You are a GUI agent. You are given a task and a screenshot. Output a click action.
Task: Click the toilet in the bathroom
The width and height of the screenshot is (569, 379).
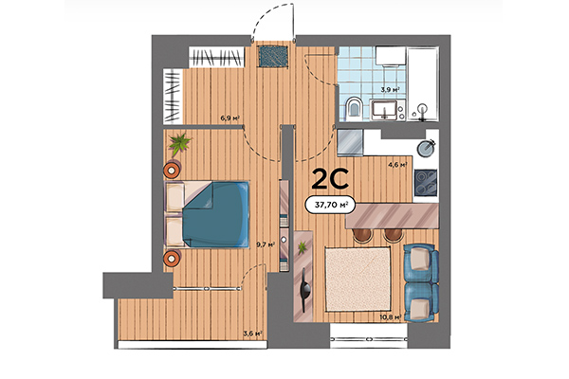coord(353,105)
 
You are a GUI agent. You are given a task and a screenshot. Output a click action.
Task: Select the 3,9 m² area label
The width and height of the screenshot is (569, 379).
coord(388,90)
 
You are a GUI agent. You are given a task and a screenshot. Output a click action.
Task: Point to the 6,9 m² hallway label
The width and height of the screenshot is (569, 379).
coord(229,118)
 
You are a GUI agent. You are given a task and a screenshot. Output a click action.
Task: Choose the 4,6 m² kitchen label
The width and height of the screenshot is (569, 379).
coord(397,164)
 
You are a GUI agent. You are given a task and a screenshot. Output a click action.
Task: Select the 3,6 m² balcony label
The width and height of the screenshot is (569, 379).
coord(251,333)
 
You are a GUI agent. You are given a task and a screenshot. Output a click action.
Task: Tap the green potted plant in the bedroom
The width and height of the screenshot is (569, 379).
coord(179,144)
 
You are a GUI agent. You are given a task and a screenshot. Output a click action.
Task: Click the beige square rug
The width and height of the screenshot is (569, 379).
coord(358,277)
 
